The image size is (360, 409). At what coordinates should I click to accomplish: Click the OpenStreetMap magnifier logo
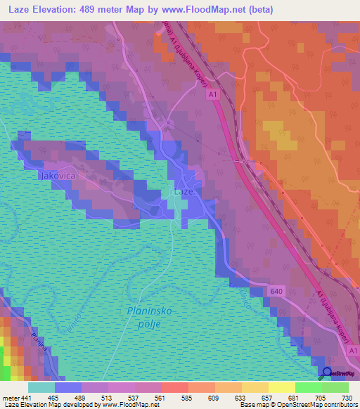326,372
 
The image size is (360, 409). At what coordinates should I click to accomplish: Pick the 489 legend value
81,398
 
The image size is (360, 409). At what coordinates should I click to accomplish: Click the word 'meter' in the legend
11,398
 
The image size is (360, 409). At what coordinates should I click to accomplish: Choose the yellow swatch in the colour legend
281,387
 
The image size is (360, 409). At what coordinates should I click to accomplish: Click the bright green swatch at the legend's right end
335,387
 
